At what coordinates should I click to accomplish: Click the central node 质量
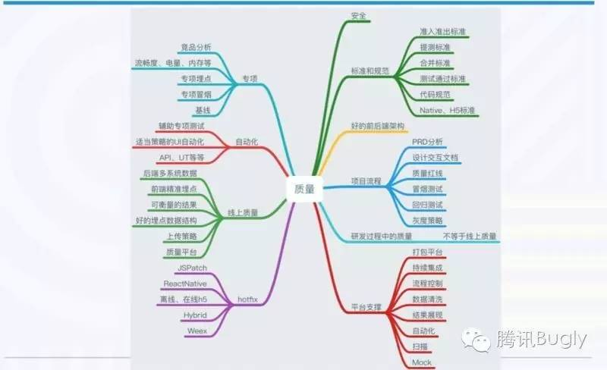(x=303, y=190)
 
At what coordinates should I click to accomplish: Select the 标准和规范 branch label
(x=370, y=71)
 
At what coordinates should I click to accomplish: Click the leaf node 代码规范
(x=435, y=94)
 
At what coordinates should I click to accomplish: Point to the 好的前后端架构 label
(x=378, y=125)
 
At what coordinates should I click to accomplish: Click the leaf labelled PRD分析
(x=428, y=142)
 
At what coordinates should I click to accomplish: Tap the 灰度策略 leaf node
(x=428, y=220)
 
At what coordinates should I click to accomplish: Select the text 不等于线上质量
(x=470, y=236)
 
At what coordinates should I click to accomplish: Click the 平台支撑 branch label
(x=366, y=308)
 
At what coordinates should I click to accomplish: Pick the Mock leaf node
(x=421, y=362)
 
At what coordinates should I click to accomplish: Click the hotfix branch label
(x=248, y=299)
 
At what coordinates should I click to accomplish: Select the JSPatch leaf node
(x=191, y=268)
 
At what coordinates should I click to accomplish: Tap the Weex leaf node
(x=197, y=331)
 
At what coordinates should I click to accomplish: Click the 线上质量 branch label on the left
(x=243, y=213)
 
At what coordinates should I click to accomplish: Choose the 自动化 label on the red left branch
(x=247, y=142)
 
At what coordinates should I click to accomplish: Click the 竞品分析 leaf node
(x=197, y=48)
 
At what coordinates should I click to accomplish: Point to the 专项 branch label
(x=250, y=79)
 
